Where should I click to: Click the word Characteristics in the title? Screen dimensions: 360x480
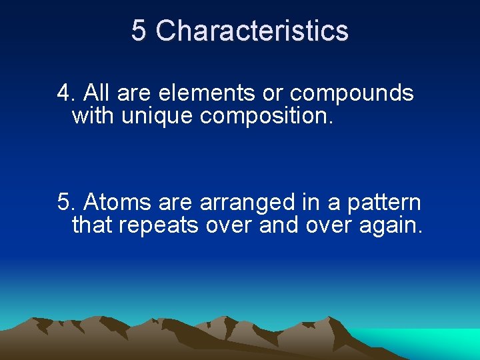[252, 31]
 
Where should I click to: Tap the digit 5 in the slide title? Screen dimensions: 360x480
[139, 31]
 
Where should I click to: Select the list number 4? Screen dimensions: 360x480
[65, 93]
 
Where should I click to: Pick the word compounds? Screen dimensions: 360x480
[351, 94]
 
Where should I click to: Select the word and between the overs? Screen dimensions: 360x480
[279, 225]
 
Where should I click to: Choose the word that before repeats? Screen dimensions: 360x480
[93, 225]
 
